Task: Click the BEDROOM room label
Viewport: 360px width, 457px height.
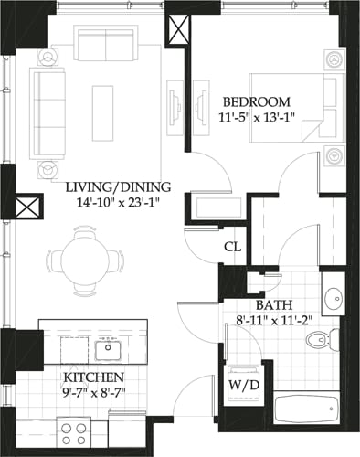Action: click(x=257, y=101)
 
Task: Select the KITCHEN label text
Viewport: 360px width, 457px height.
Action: click(x=94, y=377)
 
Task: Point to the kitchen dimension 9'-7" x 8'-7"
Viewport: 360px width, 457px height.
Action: click(x=94, y=393)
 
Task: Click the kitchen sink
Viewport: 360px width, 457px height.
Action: click(x=109, y=346)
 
